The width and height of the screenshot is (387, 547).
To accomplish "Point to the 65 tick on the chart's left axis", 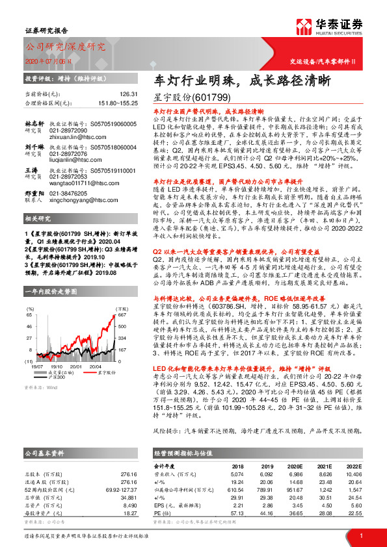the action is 29,314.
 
